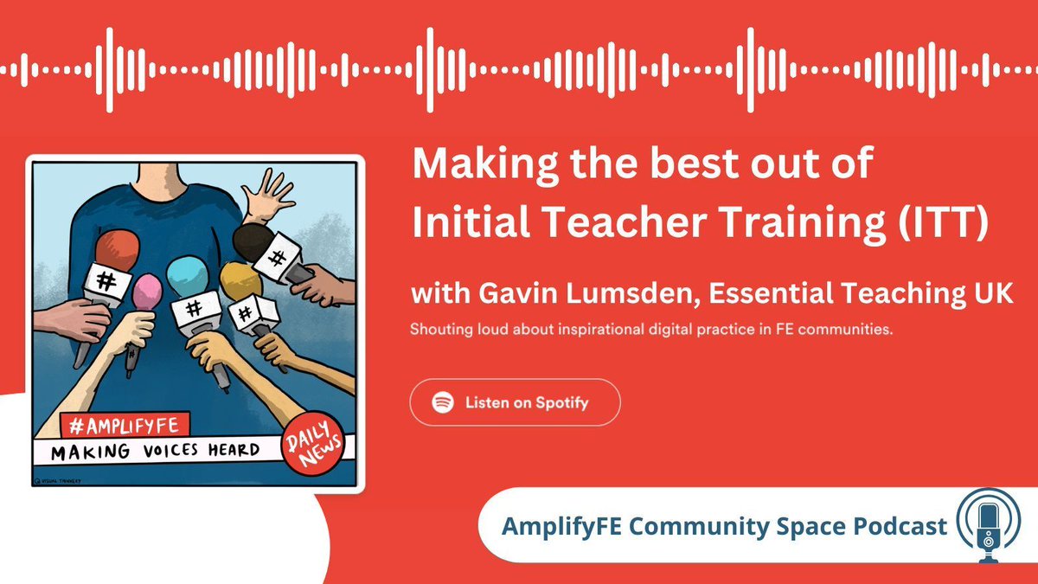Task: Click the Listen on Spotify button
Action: click(x=515, y=402)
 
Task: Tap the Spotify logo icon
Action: click(x=443, y=402)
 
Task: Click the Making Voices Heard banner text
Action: click(x=156, y=450)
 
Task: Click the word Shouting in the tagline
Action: click(x=439, y=331)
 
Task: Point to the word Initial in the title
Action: click(x=459, y=224)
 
